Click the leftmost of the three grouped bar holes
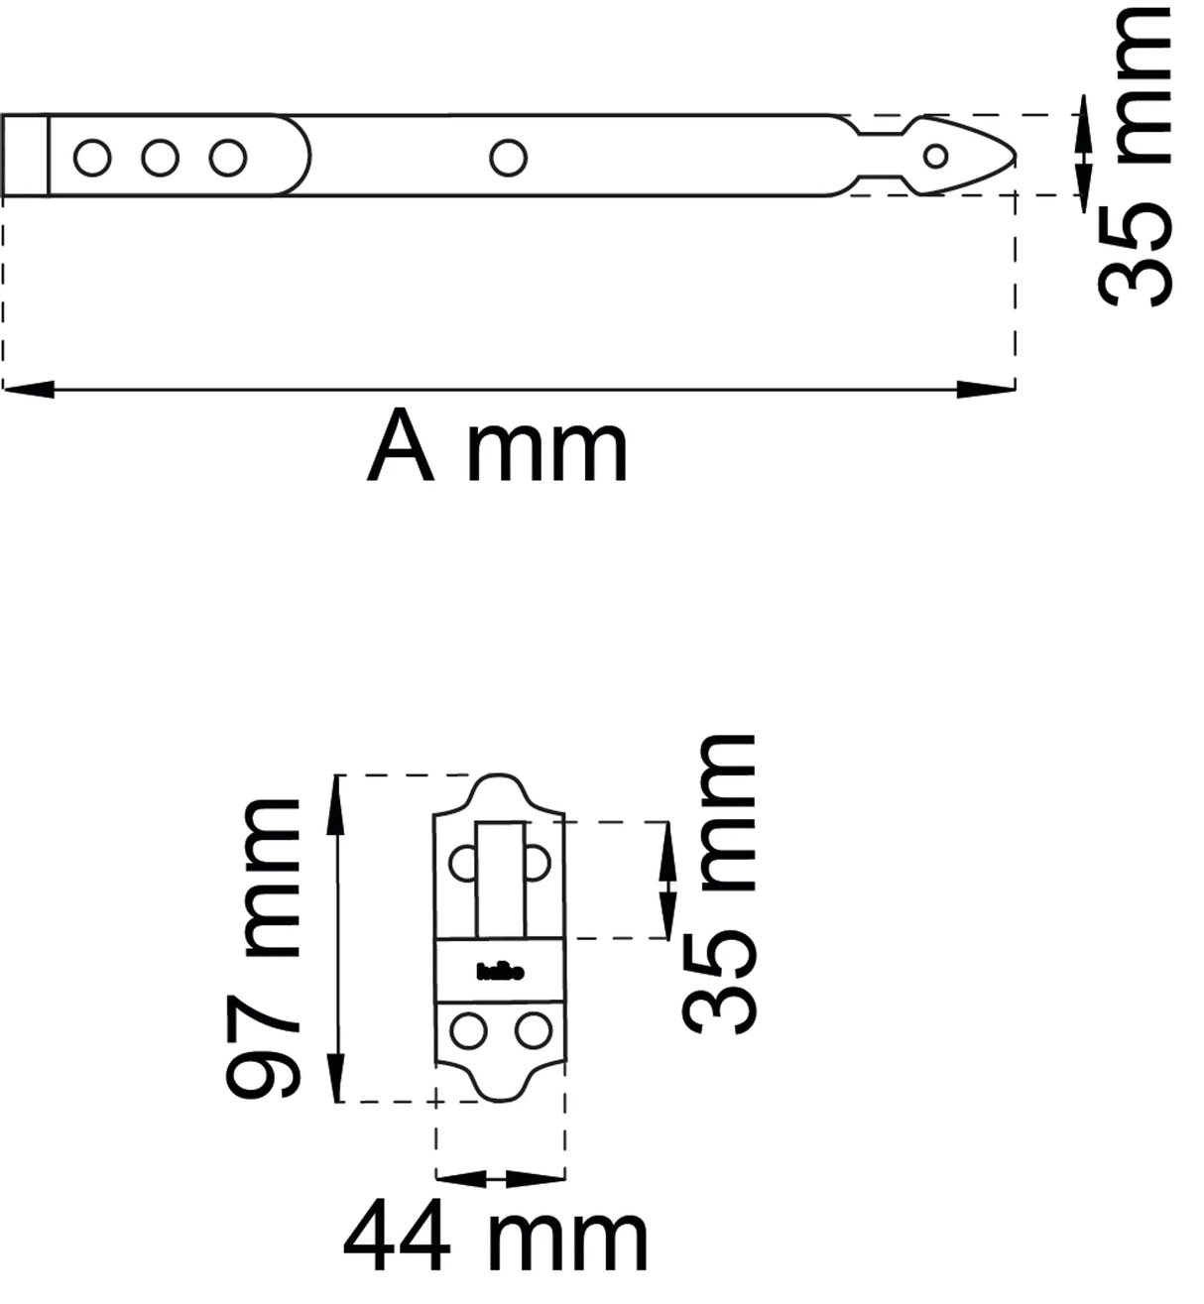(x=92, y=158)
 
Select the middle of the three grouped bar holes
(x=160, y=158)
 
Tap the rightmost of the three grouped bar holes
(x=228, y=158)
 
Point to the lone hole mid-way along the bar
(x=509, y=157)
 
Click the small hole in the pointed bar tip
(x=935, y=156)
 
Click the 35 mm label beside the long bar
(x=1136, y=159)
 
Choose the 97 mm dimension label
(x=263, y=950)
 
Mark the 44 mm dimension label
(x=496, y=1237)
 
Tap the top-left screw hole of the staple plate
(x=463, y=863)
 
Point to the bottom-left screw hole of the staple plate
(x=466, y=1031)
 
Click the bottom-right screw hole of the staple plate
(x=534, y=1031)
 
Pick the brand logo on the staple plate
(x=500, y=972)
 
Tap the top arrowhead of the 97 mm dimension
(x=338, y=798)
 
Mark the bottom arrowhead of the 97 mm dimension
(x=338, y=1078)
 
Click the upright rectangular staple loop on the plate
(x=501, y=879)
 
